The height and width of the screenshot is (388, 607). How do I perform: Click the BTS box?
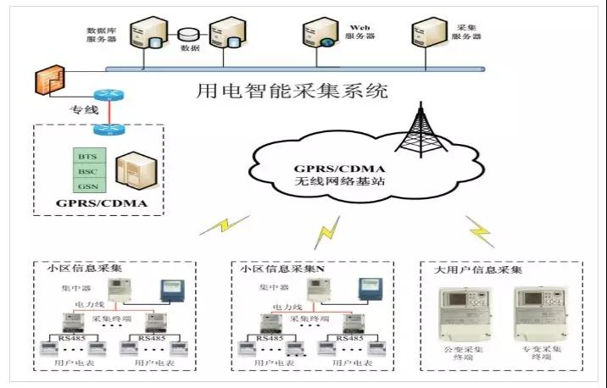86,157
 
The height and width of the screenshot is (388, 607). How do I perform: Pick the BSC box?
86,171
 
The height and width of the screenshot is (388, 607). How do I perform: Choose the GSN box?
86,186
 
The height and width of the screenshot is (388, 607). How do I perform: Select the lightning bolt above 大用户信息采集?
479,230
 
